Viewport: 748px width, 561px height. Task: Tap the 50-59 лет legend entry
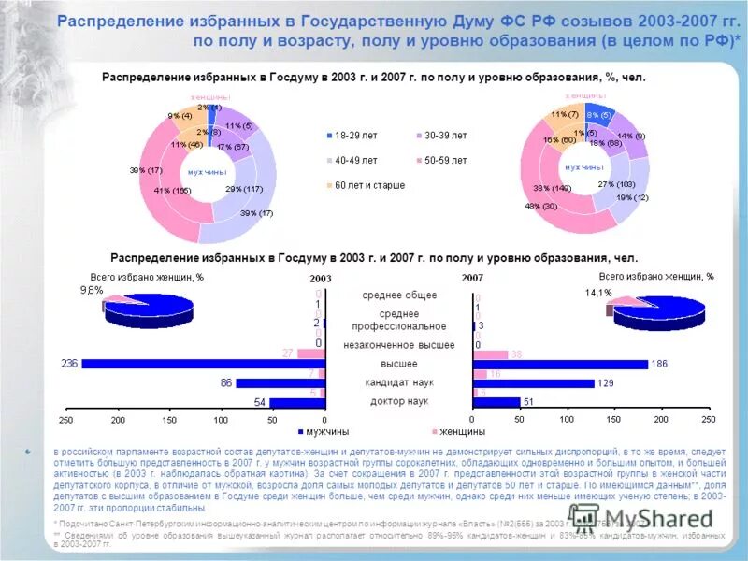[444, 160]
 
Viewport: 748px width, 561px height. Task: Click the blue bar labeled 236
[204, 364]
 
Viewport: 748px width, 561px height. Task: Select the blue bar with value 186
[560, 364]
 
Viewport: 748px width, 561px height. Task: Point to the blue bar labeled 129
[534, 382]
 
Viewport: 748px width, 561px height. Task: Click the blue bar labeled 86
[280, 382]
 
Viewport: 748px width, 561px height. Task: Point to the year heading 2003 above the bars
[320, 279]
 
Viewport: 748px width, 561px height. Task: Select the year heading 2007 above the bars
[473, 279]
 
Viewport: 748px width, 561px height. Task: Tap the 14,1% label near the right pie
[598, 292]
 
